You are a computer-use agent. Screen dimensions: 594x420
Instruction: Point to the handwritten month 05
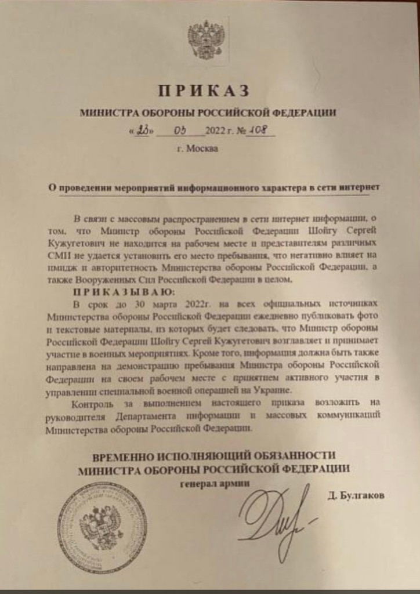(x=175, y=129)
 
